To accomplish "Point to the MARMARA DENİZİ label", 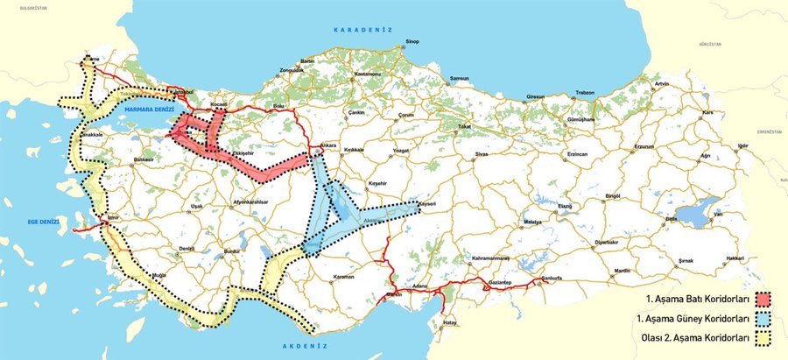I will (x=151, y=109).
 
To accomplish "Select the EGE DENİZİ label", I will (x=41, y=222).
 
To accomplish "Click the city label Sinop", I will (x=412, y=41).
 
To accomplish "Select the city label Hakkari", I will (x=734, y=258).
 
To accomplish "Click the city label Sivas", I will (x=481, y=153).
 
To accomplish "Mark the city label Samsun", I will (x=460, y=78).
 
